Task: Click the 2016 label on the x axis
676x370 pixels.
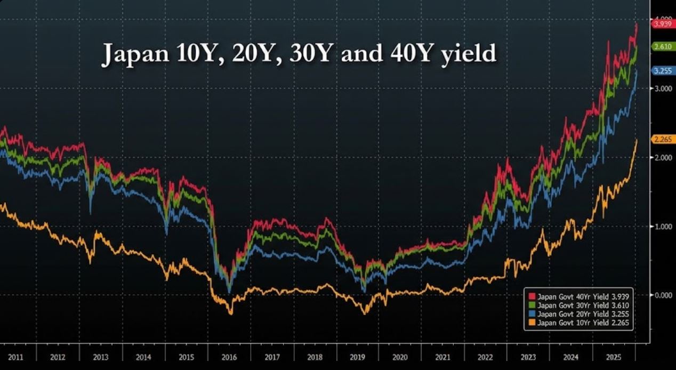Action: coord(229,357)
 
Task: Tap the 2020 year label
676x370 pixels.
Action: coord(400,357)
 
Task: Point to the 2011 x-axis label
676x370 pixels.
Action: coord(15,357)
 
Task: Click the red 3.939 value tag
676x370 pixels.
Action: coord(662,23)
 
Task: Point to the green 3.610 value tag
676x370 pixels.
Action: coord(662,47)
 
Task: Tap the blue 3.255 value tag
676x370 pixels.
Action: coord(662,70)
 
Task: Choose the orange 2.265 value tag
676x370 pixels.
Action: coord(662,139)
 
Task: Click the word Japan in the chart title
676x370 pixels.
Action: coord(133,54)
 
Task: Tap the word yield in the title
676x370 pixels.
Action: coord(469,54)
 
